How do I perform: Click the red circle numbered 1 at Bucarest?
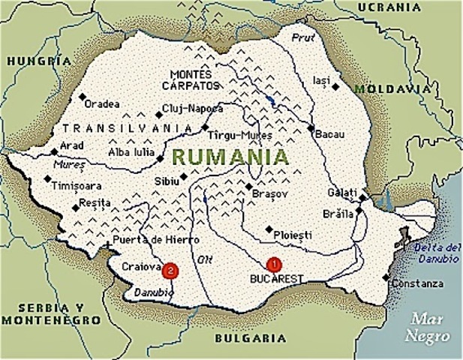click(x=273, y=263)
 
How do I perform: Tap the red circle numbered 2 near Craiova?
click(x=172, y=268)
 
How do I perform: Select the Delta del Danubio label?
click(x=437, y=253)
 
